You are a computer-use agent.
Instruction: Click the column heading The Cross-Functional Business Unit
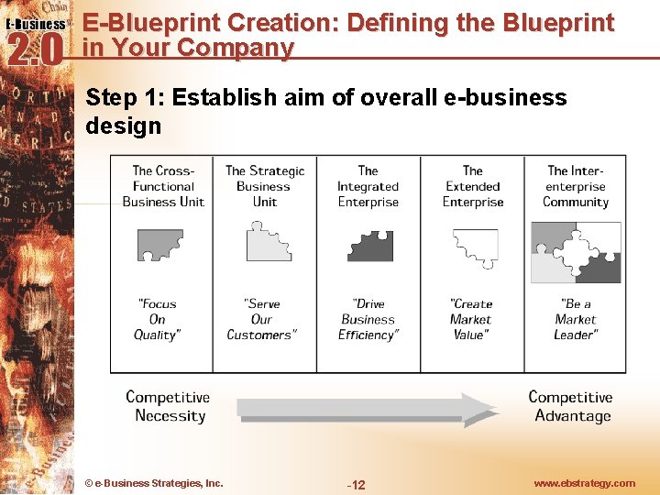[x=163, y=186]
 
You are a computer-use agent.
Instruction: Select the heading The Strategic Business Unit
[x=265, y=186]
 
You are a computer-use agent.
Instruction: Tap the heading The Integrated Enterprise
[x=368, y=186]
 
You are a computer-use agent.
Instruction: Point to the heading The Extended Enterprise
[x=473, y=186]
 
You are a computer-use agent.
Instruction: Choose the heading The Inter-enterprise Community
[x=576, y=186]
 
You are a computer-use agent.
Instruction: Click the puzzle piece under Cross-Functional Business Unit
[x=160, y=245]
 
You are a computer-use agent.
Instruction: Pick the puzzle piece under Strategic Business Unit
[x=267, y=243]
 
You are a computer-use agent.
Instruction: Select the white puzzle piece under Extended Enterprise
[x=476, y=246]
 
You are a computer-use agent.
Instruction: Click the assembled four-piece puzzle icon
[x=576, y=252]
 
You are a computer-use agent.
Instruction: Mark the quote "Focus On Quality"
[x=158, y=319]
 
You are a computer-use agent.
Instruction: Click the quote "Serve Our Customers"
[x=261, y=319]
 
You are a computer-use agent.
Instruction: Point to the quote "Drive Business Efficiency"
[x=368, y=319]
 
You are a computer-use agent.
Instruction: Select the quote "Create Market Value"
[x=470, y=319]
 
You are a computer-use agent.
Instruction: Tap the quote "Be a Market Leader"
[x=576, y=319]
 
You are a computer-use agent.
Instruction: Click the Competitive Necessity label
[x=169, y=406]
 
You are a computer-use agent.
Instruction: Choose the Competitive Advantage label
[x=570, y=406]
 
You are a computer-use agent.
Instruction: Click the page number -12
[x=356, y=484]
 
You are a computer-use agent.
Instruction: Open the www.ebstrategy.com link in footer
[x=585, y=483]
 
